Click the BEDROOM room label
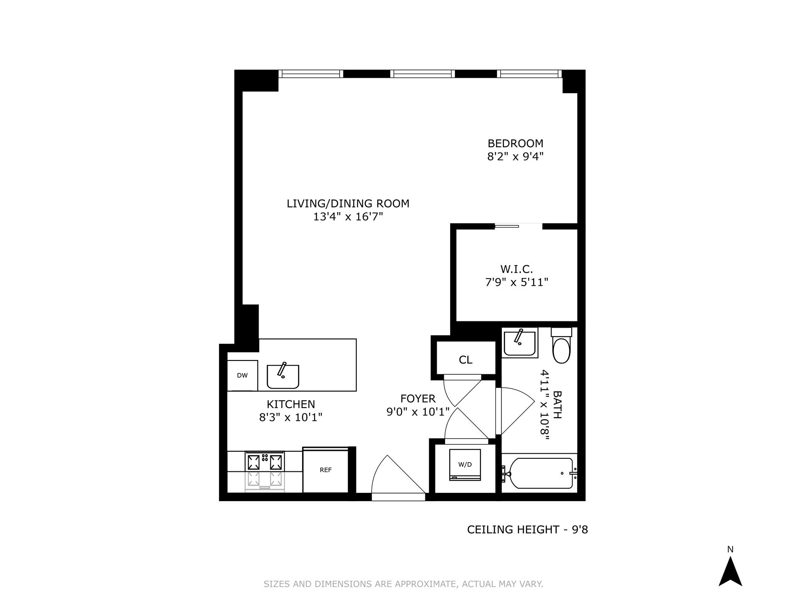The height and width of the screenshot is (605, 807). [x=515, y=143]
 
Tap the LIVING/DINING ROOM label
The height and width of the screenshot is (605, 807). [x=348, y=204]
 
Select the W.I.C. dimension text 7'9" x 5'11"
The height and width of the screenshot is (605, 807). [x=517, y=282]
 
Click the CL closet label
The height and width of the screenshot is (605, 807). [x=465, y=360]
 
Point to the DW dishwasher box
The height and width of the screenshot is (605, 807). [x=243, y=376]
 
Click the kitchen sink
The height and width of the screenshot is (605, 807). [x=283, y=376]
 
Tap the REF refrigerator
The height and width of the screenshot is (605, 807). [x=326, y=470]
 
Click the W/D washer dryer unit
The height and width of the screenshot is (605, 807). [x=465, y=465]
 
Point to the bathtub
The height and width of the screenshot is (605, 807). [x=541, y=473]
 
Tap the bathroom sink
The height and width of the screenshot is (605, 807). [x=520, y=342]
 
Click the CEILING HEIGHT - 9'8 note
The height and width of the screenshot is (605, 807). [x=527, y=530]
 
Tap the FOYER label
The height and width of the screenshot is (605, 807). [x=418, y=398]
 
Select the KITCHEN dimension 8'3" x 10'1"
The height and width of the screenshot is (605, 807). [x=291, y=418]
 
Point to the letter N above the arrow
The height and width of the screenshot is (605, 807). [x=731, y=550]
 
